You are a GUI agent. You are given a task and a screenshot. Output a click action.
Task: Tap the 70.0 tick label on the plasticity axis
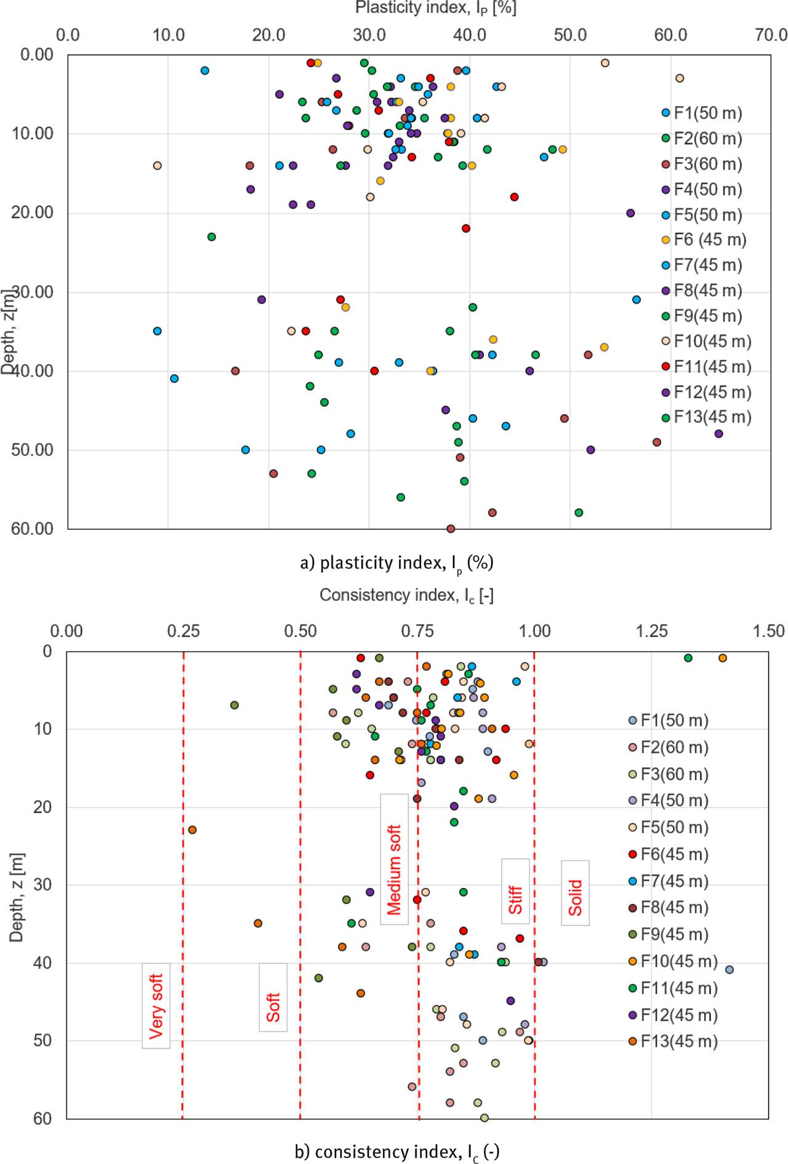pos(771,35)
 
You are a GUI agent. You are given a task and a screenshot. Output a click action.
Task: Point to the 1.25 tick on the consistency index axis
pos(651,631)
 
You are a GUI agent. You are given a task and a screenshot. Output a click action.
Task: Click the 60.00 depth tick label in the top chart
pos(32,529)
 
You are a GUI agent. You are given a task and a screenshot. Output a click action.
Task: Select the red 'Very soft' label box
pos(156,1006)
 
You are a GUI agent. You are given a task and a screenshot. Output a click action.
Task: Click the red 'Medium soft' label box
pos(394,859)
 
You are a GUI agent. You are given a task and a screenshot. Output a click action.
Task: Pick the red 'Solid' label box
pos(575,893)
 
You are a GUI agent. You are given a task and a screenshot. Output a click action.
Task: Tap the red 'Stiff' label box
pos(515,891)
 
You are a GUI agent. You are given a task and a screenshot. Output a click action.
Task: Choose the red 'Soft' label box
pos(273,997)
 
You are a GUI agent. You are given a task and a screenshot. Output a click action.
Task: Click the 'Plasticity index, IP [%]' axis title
pos(435,8)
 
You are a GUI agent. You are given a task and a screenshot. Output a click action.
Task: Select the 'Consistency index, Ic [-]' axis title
pos(406,595)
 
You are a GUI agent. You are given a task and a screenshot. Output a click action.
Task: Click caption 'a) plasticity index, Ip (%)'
pos(396,563)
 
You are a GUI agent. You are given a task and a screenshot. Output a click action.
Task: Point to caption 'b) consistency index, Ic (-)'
pos(396,1152)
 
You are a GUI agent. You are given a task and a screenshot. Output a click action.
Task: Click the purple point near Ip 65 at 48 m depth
pos(718,434)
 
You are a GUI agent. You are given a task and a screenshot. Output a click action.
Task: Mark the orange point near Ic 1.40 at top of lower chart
pos(723,658)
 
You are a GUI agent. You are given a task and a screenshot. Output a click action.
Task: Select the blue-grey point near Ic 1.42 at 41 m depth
pos(730,970)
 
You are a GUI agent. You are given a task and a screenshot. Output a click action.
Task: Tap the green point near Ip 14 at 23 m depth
pos(212,237)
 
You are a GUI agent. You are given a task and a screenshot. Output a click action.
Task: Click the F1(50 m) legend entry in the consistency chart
pos(673,720)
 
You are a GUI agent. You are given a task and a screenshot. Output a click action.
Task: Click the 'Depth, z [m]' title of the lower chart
pos(17,897)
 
